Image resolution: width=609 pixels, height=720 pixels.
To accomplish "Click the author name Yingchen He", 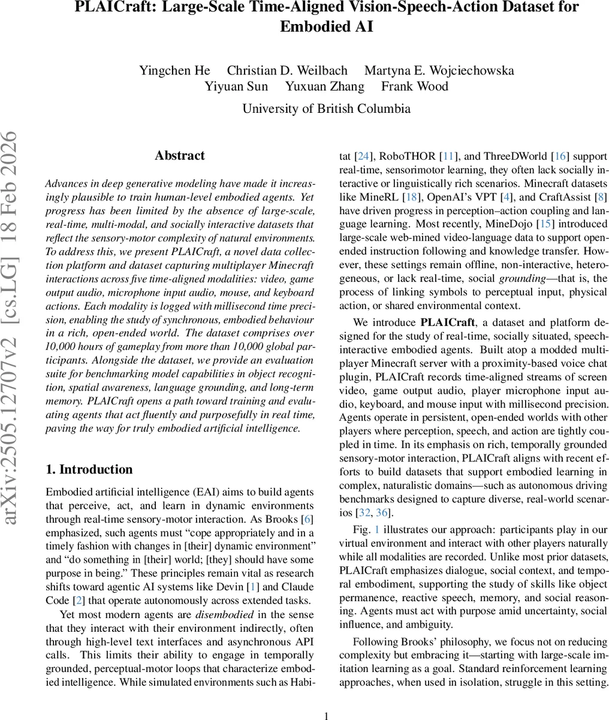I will pyautogui.click(x=174, y=70).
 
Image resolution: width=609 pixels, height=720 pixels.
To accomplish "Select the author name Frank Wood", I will pyautogui.click(x=414, y=86).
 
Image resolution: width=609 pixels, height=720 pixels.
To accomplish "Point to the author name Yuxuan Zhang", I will pyautogui.click(x=324, y=86).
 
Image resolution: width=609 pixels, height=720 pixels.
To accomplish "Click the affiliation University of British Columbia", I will pyautogui.click(x=326, y=109).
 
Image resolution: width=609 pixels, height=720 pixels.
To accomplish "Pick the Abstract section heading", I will pyautogui.click(x=180, y=155).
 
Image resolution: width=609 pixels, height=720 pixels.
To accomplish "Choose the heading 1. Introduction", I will pyautogui.click(x=89, y=469).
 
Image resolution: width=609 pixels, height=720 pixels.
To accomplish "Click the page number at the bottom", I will pyautogui.click(x=327, y=715).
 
